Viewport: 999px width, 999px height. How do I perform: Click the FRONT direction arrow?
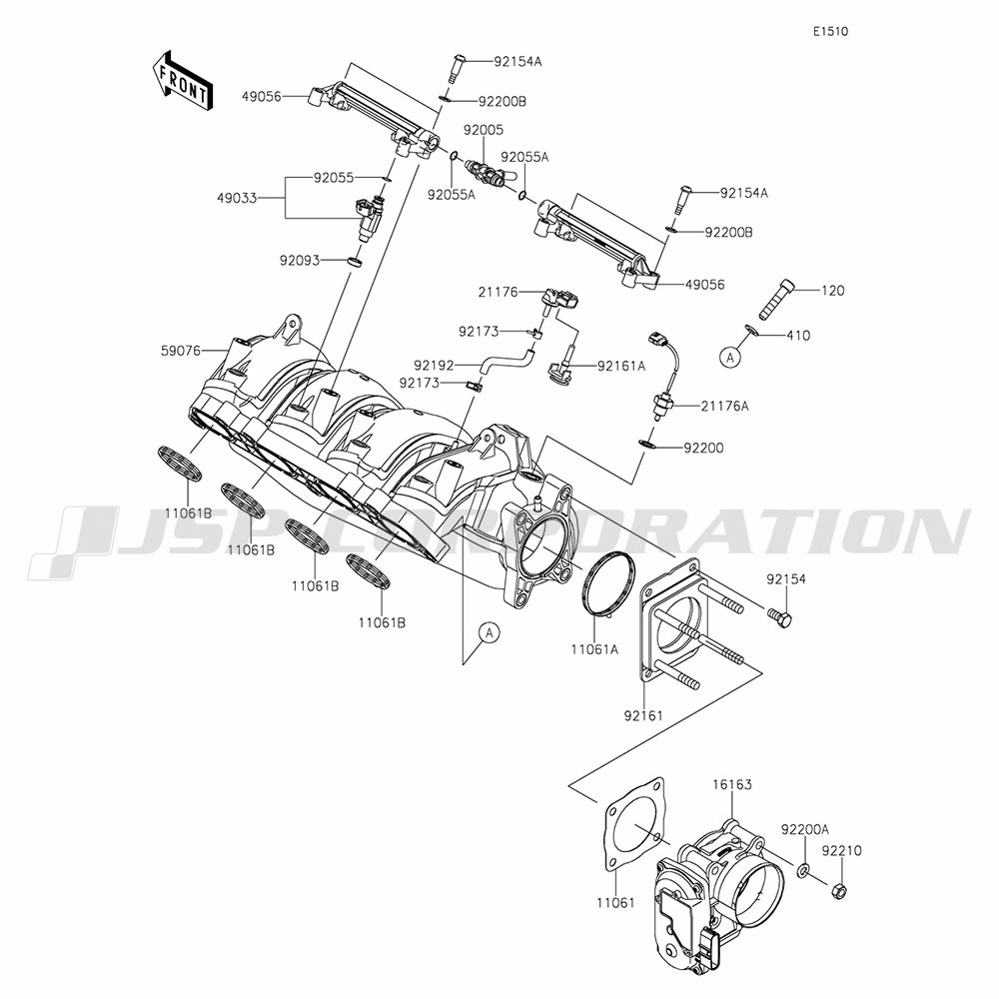click(181, 80)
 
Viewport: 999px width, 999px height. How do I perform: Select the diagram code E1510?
click(830, 31)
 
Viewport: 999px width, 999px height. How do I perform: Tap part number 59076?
click(180, 351)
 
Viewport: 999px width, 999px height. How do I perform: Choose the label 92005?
click(483, 130)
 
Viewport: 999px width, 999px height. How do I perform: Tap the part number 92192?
click(436, 366)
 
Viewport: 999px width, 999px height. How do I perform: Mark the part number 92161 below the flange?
click(644, 715)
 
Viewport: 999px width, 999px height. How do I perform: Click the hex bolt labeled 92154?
click(779, 616)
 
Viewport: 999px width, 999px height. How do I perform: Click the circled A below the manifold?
click(489, 631)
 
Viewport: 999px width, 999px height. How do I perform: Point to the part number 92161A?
click(621, 366)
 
